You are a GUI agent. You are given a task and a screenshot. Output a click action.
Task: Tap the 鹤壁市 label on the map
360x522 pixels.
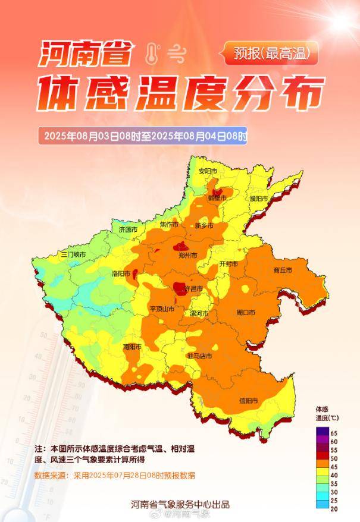tap(217, 198)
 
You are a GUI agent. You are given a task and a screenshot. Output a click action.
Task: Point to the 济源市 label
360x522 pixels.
tap(128, 229)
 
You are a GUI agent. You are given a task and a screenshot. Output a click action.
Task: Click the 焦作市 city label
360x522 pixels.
tap(169, 225)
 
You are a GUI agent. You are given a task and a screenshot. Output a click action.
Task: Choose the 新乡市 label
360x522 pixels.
tap(204, 226)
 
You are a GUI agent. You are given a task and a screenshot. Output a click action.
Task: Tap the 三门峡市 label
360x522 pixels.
tap(73, 254)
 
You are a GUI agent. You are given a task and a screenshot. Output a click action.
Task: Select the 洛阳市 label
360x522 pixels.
tap(121, 273)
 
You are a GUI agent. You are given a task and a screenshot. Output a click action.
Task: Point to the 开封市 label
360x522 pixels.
tap(228, 263)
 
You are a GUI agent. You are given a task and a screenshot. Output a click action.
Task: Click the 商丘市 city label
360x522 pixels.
tap(283, 271)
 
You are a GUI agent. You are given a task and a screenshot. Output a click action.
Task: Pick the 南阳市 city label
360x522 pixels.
tap(132, 347)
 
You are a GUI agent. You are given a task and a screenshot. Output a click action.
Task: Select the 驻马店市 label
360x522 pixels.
tap(200, 356)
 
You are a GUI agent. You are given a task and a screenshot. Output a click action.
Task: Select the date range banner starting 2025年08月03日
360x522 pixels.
tap(143, 136)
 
